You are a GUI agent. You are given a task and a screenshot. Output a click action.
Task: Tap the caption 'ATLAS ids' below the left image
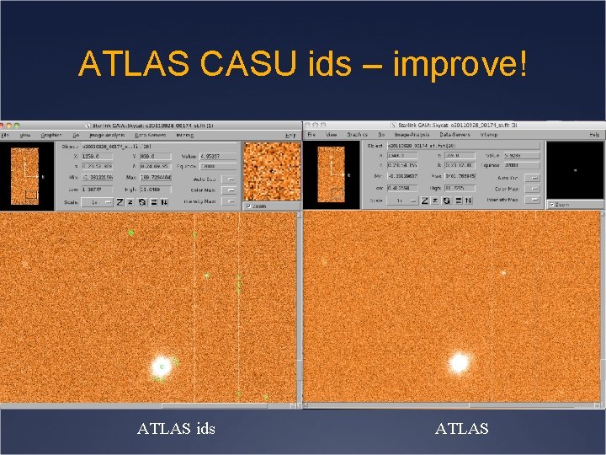176,429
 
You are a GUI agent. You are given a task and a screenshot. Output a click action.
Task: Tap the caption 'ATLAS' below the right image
461,429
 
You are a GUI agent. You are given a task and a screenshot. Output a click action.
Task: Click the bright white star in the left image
160,366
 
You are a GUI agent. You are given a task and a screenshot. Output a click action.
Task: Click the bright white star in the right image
459,363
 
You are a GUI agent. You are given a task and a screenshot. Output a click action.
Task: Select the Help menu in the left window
290,134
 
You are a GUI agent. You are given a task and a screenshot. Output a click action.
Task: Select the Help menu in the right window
595,134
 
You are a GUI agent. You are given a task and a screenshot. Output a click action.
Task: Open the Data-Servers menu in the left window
151,134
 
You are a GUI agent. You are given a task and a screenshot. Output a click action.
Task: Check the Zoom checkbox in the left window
247,206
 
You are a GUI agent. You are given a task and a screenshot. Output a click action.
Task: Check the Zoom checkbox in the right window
551,204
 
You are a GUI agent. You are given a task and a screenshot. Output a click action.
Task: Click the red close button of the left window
6,125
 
